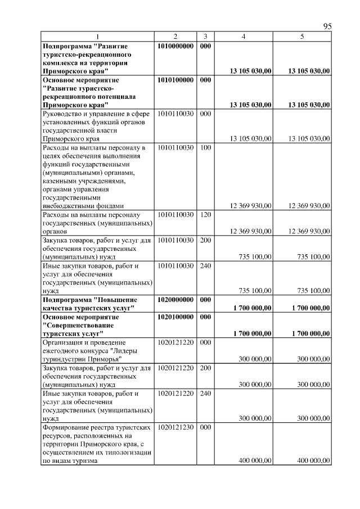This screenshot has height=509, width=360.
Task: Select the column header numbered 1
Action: point(97,37)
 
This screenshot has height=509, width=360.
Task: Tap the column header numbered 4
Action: point(243,37)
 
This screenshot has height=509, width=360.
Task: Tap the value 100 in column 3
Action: point(205,147)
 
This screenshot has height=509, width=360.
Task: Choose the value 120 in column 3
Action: point(205,214)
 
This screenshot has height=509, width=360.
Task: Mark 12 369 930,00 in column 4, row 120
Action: point(250,231)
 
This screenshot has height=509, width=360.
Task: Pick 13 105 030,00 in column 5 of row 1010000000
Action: point(309,71)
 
